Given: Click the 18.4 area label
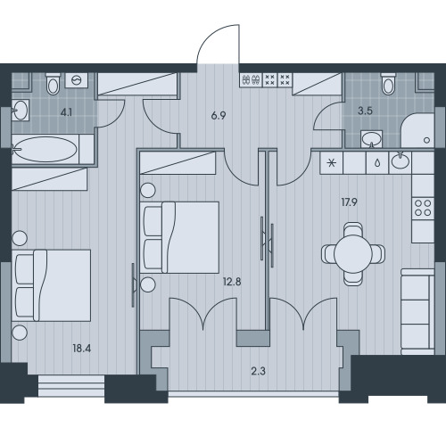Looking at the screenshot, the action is point(82,348).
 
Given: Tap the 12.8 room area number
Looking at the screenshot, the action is point(232,282).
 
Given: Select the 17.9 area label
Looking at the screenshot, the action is point(349,202).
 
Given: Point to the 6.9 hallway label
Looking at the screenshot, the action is point(219,116).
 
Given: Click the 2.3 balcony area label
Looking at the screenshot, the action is point(258,371).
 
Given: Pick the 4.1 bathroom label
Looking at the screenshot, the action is point(66,112).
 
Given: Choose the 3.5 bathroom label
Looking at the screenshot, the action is point(365,111).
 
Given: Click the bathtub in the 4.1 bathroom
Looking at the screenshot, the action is point(45,149).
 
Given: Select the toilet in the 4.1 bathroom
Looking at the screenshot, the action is point(54,84).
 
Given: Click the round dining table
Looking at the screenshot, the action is point(353,254).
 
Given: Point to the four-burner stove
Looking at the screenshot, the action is point(423,208).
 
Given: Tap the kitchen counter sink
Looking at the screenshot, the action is point(401,161).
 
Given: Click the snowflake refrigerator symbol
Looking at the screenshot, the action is point(332,163).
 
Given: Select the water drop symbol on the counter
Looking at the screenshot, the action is point(377,163).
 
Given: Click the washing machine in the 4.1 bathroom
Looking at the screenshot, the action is point(77,80).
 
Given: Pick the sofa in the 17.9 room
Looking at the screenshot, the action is point(417,311).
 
